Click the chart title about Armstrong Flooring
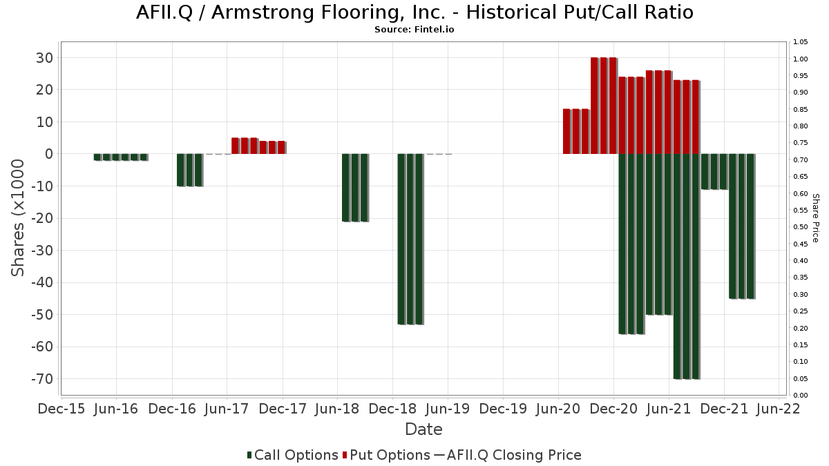(x=414, y=12)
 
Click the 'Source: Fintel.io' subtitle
(x=414, y=30)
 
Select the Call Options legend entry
(x=293, y=455)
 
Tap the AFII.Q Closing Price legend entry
(x=508, y=455)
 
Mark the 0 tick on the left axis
(x=48, y=154)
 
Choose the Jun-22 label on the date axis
(x=779, y=409)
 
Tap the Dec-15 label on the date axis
(x=62, y=409)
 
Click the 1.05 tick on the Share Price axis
(x=801, y=42)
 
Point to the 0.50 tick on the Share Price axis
(x=801, y=227)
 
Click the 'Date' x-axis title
(x=423, y=429)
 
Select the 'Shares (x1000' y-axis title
(x=19, y=217)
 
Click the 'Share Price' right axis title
(x=815, y=217)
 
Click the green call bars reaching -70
(x=687, y=266)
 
